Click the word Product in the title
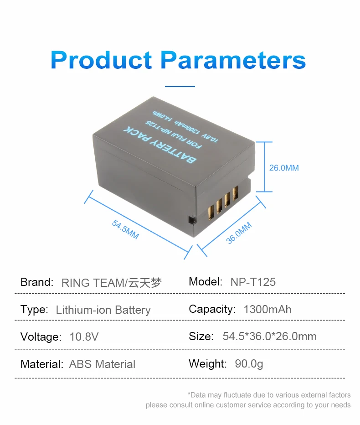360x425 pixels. [101, 60]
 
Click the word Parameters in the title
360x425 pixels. [233, 60]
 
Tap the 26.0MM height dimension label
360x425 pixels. [284, 168]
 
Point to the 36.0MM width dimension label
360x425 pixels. [239, 233]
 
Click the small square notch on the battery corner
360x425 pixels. [191, 220]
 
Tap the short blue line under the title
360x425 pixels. [180, 86]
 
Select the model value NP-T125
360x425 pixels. [253, 282]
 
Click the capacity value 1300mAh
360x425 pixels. [267, 309]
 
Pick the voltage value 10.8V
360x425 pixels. [84, 337]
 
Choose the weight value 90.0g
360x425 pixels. [248, 364]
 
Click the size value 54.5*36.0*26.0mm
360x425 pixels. [269, 337]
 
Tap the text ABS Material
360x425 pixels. [102, 364]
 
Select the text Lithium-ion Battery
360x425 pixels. [103, 310]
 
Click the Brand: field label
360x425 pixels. [37, 282]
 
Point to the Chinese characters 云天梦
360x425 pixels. [144, 283]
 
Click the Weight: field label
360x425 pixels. [207, 364]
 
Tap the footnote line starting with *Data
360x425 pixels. [269, 395]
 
